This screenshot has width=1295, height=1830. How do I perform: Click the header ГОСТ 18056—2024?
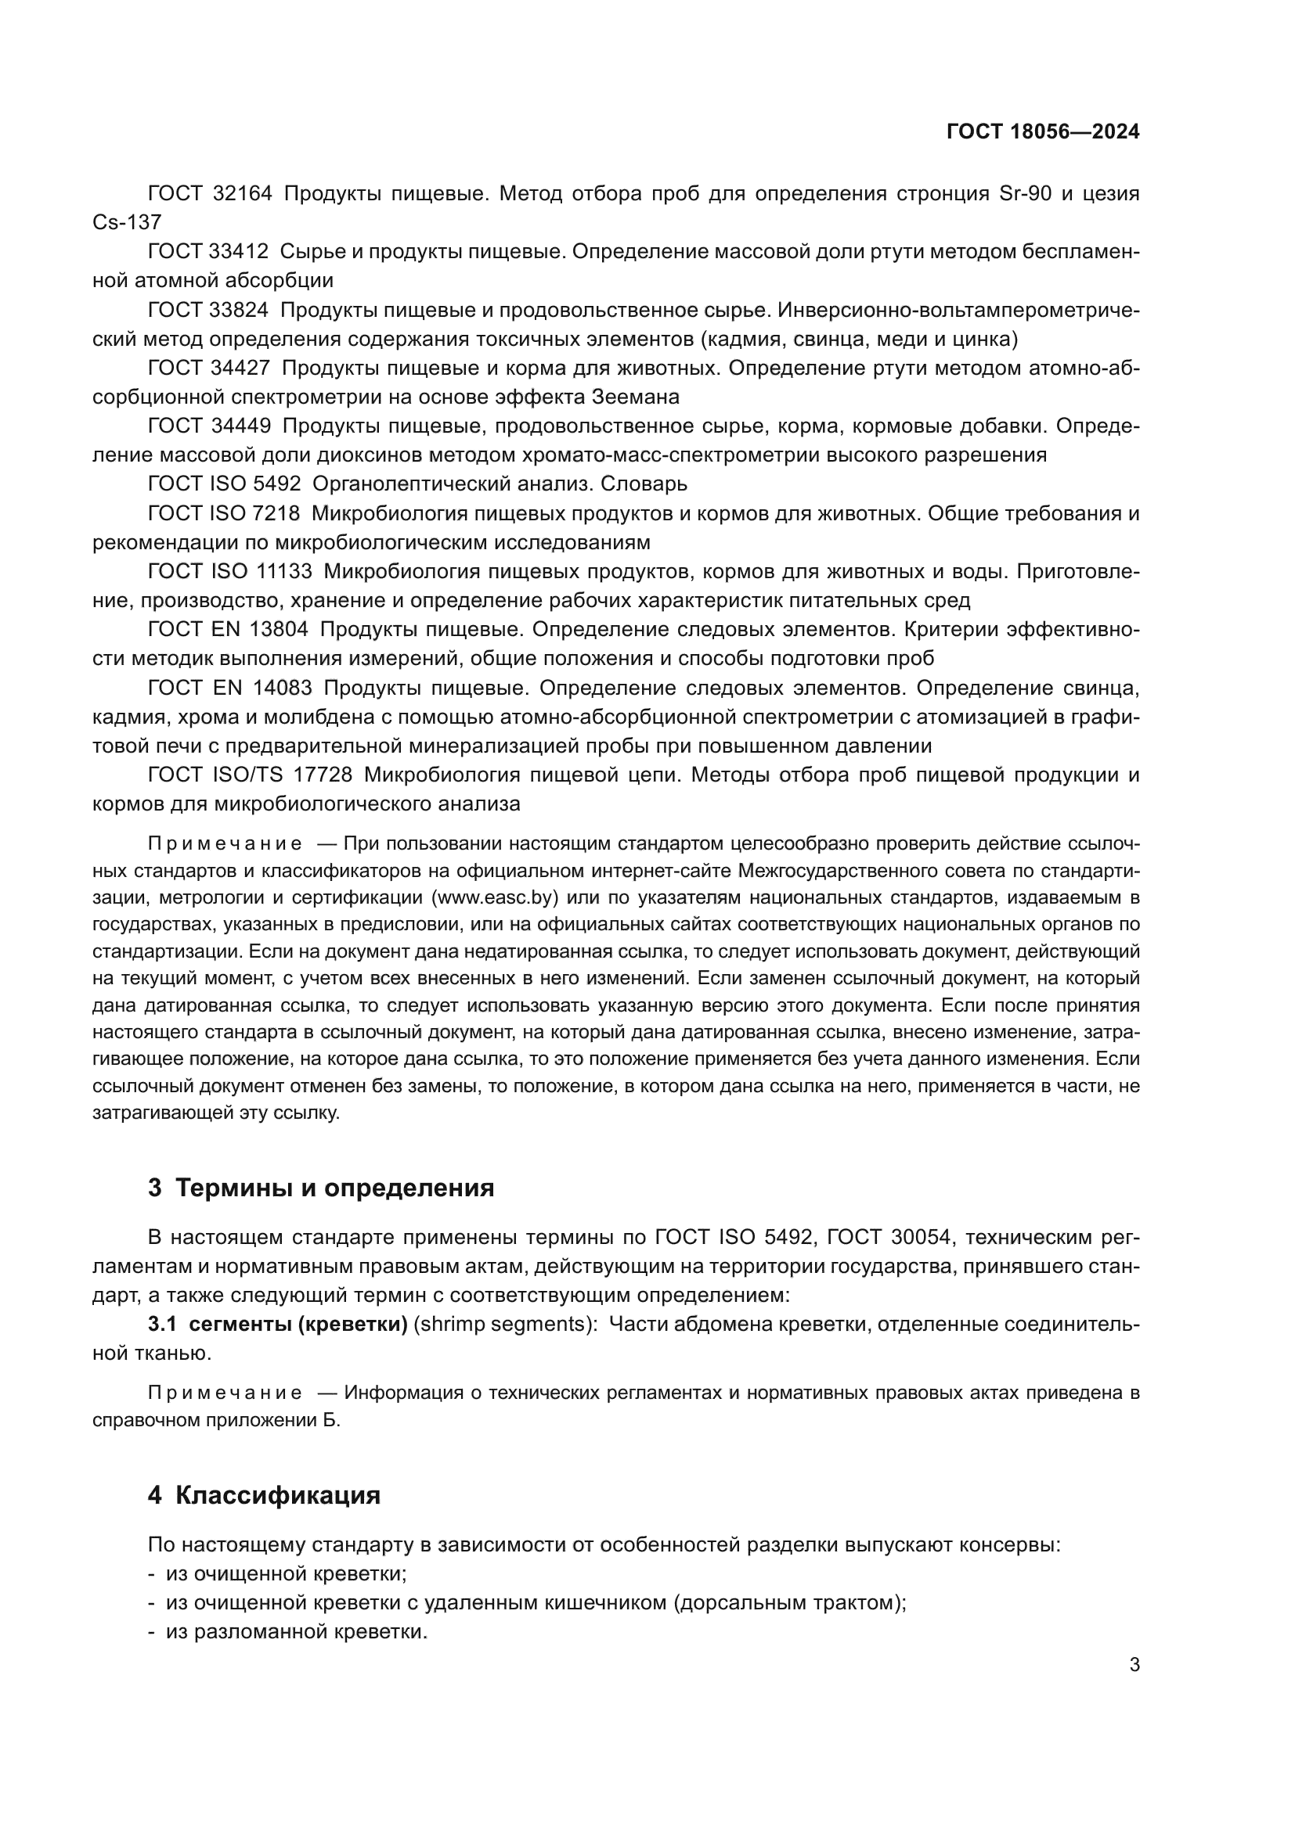click(x=1042, y=131)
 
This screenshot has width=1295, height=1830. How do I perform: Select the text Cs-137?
click(x=127, y=222)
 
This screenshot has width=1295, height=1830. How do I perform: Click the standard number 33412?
click(x=239, y=251)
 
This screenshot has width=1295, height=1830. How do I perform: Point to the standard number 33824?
click(x=239, y=309)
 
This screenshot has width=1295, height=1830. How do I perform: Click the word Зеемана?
click(x=636, y=397)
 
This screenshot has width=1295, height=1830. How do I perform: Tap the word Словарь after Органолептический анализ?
click(x=644, y=484)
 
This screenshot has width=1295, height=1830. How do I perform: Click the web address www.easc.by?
click(x=494, y=897)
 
